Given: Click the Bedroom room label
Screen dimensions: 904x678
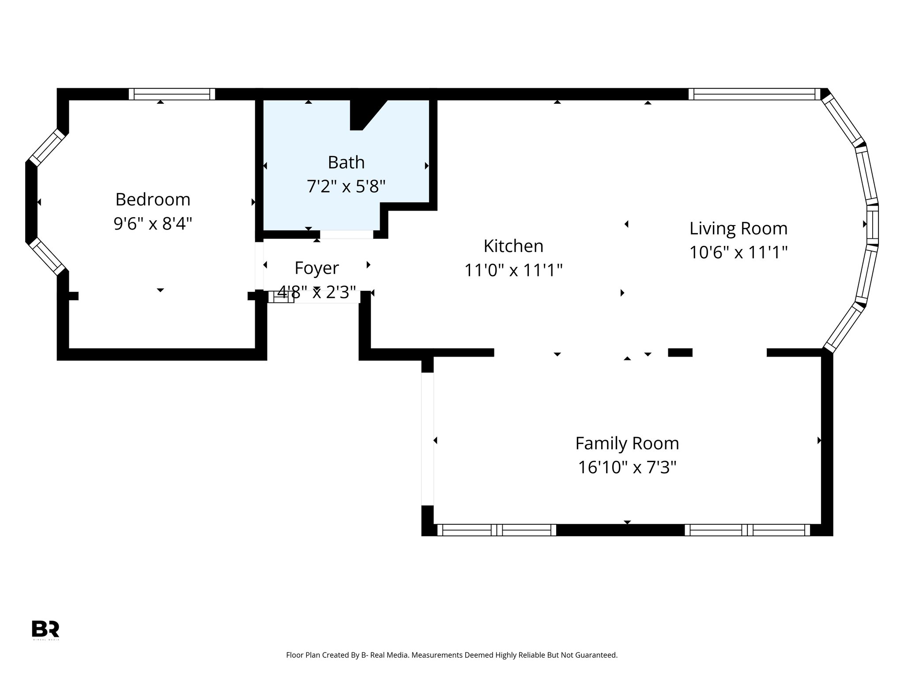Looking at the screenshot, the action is point(153,200).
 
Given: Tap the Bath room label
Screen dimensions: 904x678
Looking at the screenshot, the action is point(346,162).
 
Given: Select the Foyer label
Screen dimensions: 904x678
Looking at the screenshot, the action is point(316,268).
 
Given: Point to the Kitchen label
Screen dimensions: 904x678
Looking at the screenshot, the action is point(513,246).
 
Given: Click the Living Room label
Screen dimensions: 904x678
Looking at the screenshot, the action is point(738,228).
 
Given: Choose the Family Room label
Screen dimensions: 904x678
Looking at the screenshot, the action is point(627,443).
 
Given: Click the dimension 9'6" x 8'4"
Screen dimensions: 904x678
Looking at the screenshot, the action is point(153,223).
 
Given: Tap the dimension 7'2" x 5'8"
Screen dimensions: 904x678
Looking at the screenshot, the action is point(346,186).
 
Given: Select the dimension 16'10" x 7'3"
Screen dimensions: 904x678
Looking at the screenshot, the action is point(627,467).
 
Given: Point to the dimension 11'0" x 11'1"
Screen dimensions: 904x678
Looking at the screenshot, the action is point(513,270).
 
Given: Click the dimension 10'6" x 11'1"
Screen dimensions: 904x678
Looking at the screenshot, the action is point(738,252).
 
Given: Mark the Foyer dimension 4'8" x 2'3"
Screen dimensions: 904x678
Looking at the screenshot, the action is point(316,292).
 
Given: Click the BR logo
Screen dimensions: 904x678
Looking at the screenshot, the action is point(45,629).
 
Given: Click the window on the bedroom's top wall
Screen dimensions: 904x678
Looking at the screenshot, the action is point(172,94).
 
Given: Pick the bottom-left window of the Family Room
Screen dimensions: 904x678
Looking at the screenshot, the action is point(497,530).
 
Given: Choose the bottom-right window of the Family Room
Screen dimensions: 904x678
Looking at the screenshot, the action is point(747,530).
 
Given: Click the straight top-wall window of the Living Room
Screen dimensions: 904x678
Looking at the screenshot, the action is point(754,94).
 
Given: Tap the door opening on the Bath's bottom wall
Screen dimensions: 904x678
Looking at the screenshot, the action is point(347,234).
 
